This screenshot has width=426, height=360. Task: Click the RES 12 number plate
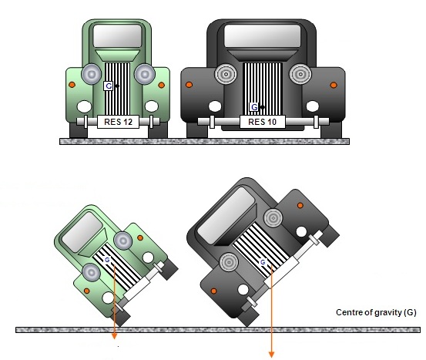pyautogui.click(x=118, y=122)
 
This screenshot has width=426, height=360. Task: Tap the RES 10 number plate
pyautogui.click(x=263, y=122)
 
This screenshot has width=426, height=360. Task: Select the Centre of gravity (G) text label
pyautogui.click(x=376, y=312)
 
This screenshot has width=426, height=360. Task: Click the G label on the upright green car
pyautogui.click(x=109, y=86)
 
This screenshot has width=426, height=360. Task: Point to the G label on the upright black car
pyautogui.click(x=254, y=107)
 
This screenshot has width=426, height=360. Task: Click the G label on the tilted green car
pyautogui.click(x=107, y=260)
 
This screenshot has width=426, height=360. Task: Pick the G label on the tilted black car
pyautogui.click(x=263, y=262)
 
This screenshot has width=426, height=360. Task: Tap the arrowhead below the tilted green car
pyautogui.click(x=115, y=336)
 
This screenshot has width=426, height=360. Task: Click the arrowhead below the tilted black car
pyautogui.click(x=271, y=355)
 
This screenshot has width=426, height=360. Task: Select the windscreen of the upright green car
pyautogui.click(x=117, y=36)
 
